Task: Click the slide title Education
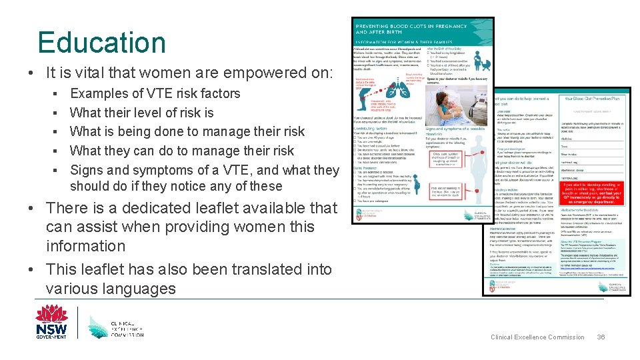click(x=101, y=43)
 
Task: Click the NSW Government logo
click(x=51, y=321)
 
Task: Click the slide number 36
click(x=601, y=337)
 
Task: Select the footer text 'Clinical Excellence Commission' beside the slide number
click(x=537, y=337)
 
